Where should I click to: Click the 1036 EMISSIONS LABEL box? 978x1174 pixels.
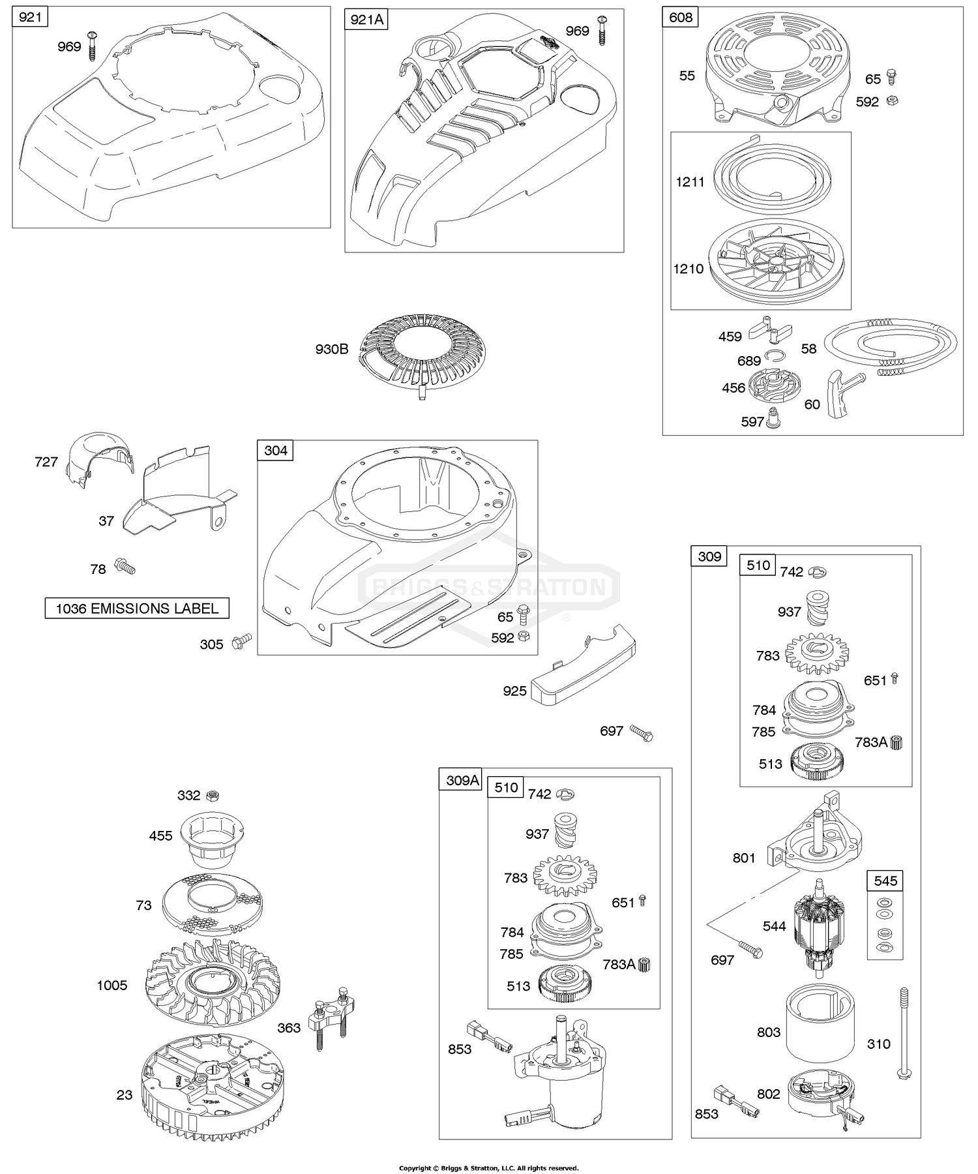(137, 609)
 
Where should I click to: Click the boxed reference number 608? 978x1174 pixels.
(680, 17)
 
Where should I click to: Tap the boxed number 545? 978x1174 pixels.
(885, 881)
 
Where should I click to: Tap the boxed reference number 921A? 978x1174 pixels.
(366, 20)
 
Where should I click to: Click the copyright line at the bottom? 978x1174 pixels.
(488, 1167)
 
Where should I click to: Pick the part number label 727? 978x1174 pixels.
(46, 462)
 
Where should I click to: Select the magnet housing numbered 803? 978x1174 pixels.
(820, 1031)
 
